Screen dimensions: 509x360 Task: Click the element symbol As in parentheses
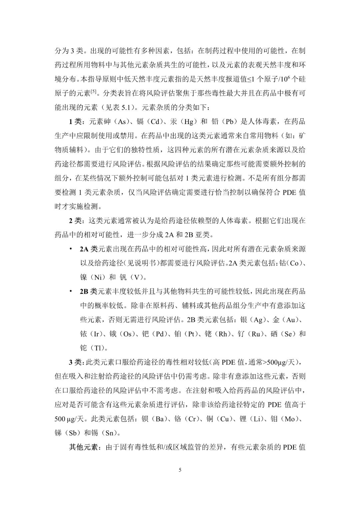[120, 121]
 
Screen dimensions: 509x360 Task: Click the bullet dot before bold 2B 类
[71, 291]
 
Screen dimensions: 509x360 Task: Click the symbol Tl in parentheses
[98, 348]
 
